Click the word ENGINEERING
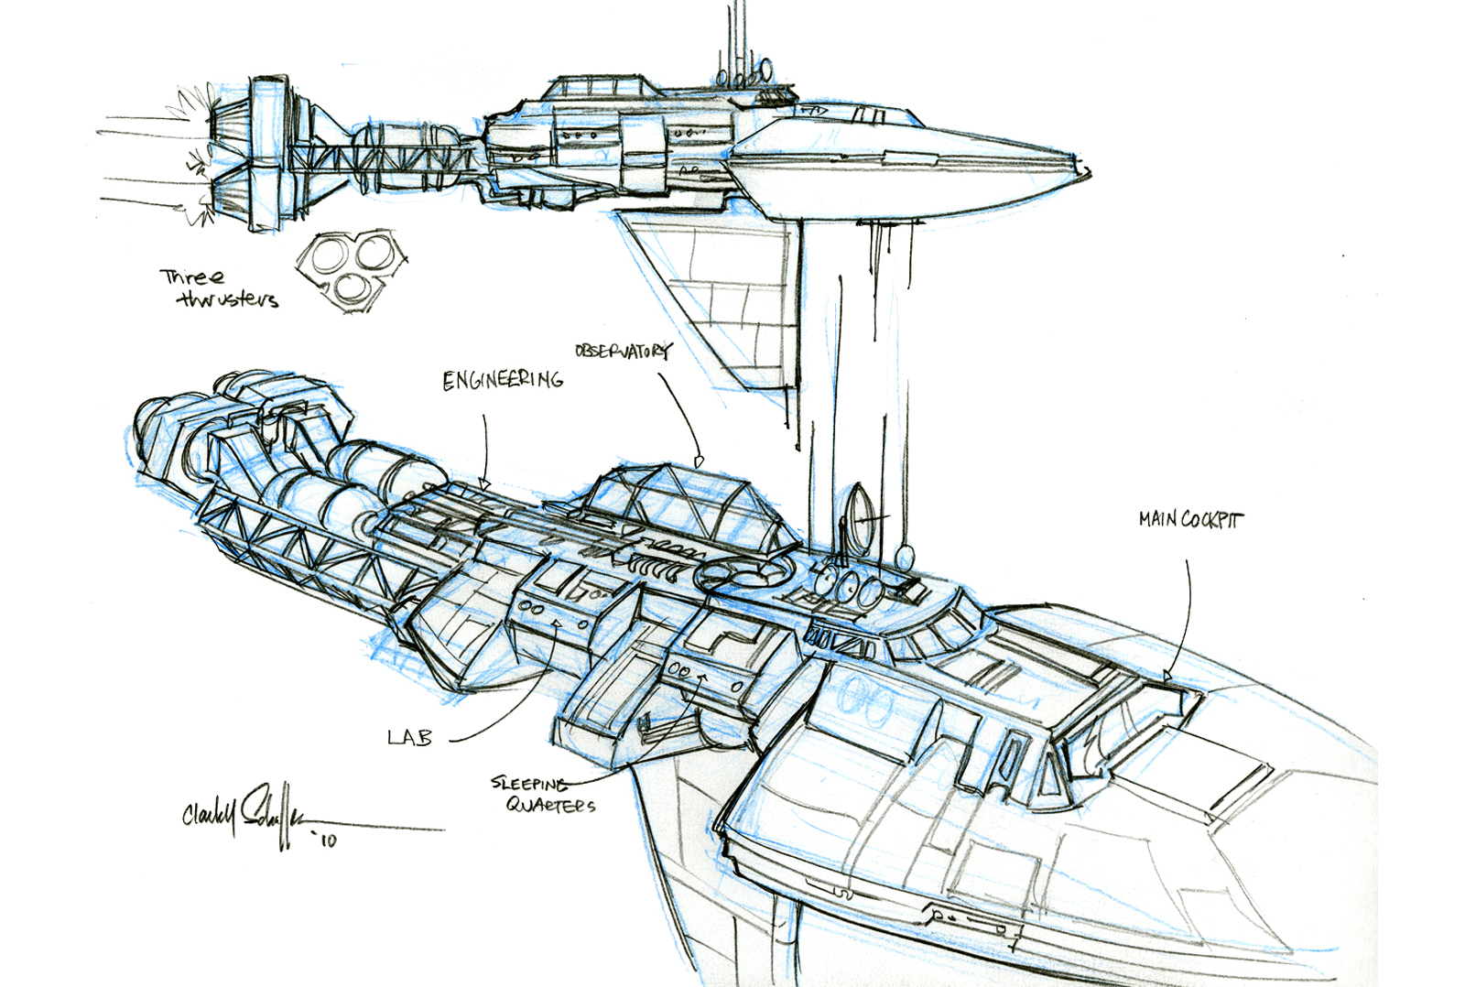click(503, 380)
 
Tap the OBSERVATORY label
click(622, 351)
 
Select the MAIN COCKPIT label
click(1190, 520)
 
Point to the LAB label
click(409, 737)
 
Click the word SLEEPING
click(529, 783)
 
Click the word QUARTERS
click(550, 805)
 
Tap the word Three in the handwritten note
click(192, 277)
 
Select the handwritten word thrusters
click(228, 299)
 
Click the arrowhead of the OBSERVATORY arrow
click(699, 462)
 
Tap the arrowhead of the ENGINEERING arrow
click(484, 484)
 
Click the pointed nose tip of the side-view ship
click(1088, 170)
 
